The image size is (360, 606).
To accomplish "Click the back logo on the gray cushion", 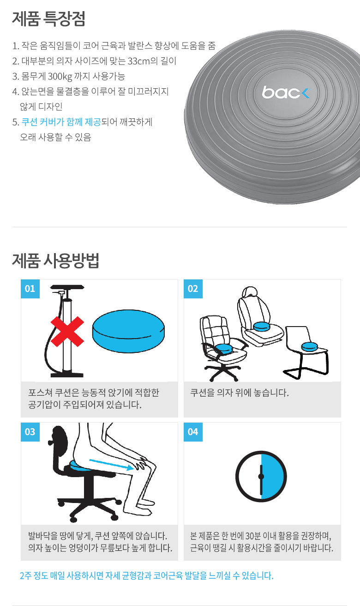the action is (286, 92).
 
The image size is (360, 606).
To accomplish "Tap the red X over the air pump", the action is (67, 332).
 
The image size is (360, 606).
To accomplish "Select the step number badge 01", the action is (30, 289).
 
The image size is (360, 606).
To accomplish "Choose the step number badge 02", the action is (193, 289).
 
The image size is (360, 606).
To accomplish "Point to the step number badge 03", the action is (30, 432).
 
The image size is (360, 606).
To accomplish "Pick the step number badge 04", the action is (193, 432).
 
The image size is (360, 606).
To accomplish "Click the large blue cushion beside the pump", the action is (128, 331).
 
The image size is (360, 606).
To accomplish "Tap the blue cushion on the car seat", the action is (261, 326).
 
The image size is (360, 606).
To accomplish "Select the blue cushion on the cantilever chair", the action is (310, 346).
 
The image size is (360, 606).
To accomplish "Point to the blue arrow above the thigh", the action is (111, 464).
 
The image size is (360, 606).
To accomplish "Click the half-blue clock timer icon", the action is (261, 476).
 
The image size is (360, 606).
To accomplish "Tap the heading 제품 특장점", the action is (48, 18).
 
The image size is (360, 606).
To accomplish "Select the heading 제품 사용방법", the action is (56, 261).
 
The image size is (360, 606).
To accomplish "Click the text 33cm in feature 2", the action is (138, 61).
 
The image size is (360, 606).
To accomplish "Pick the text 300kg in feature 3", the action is (60, 77).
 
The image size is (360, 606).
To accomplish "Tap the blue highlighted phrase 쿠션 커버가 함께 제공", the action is (61, 122).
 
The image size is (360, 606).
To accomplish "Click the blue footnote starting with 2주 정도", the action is (146, 576).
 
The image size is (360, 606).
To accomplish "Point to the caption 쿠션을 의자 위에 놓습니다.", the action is (240, 393).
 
